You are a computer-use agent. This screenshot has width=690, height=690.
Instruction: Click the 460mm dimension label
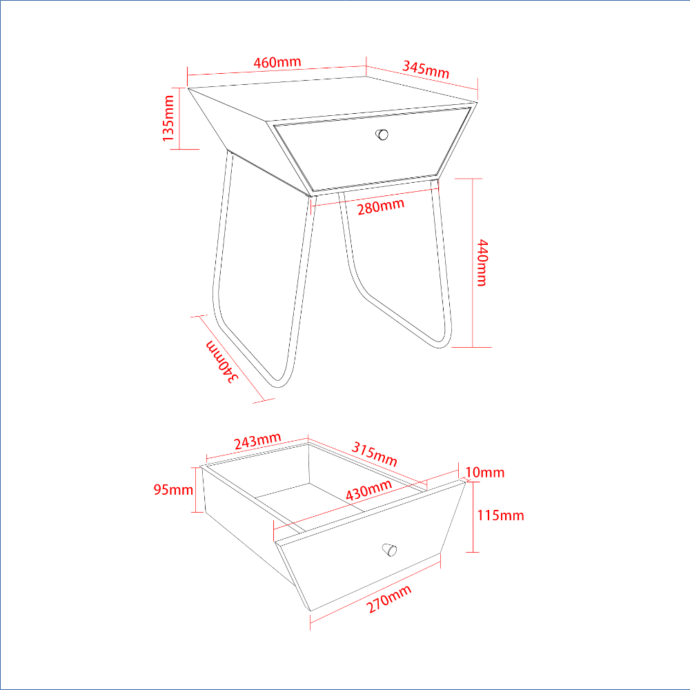[x=277, y=63]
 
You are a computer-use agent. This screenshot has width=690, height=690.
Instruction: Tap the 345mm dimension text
[x=426, y=70]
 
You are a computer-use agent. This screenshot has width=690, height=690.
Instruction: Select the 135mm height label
[x=168, y=119]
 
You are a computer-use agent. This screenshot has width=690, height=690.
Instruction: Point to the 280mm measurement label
[x=381, y=206]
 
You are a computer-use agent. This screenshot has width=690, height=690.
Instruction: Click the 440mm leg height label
[x=483, y=263]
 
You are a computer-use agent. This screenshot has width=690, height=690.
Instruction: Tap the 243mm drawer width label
[x=257, y=441]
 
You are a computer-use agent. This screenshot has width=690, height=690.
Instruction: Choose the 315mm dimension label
[x=375, y=454]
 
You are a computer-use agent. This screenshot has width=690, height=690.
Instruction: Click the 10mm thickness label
[x=485, y=472]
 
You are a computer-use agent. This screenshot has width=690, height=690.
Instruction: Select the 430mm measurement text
[x=368, y=490]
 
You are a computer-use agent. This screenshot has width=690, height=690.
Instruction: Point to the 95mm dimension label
[x=173, y=489]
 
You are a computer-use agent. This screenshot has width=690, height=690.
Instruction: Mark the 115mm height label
[x=501, y=515]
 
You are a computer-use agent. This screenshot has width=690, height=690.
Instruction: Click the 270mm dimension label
[x=389, y=599]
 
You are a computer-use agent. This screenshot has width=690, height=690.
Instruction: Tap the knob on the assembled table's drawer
[x=382, y=135]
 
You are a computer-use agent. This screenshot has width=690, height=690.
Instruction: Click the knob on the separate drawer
[x=389, y=550]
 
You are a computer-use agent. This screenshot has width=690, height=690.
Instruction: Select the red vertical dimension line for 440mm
[x=473, y=263]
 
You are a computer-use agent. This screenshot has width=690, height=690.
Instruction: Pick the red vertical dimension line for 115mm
[x=473, y=517]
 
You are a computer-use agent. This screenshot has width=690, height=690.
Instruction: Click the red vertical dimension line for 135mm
[x=179, y=119]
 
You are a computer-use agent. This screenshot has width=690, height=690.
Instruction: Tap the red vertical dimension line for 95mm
[x=196, y=490]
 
